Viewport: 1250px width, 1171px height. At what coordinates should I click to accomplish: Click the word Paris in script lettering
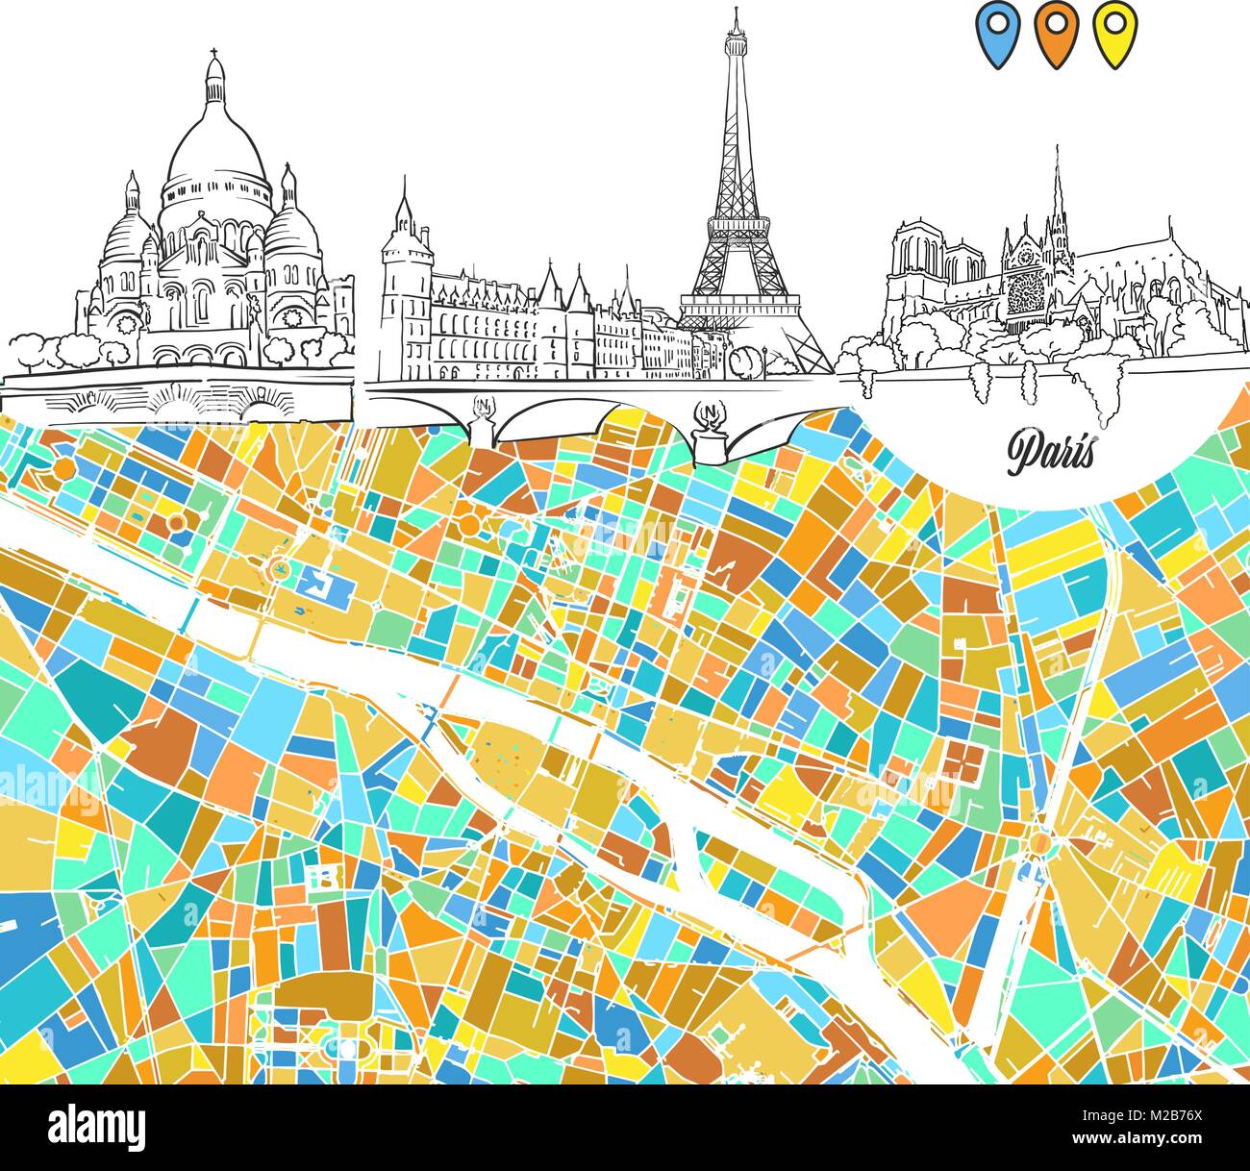click(x=1051, y=449)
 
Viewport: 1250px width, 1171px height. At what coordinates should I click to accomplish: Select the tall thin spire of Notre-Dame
click(x=1057, y=183)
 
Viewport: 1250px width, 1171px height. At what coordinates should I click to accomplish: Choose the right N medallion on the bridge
click(x=710, y=414)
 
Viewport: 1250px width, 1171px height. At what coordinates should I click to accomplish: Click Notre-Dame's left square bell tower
click(x=914, y=255)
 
